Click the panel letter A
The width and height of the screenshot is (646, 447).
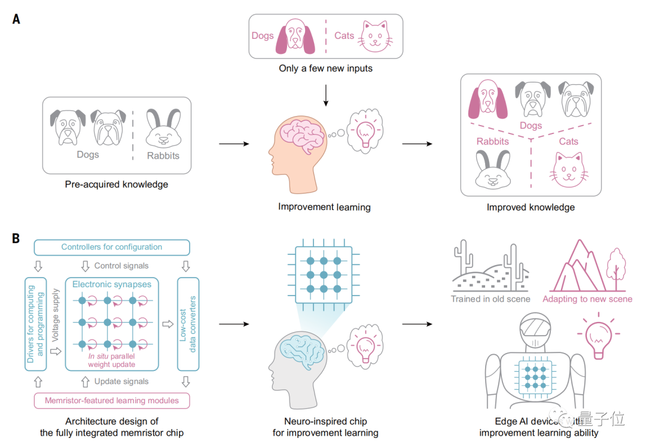point(16,19)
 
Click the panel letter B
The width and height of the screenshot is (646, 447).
point(16,239)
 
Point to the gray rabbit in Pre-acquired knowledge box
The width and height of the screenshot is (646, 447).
point(163,129)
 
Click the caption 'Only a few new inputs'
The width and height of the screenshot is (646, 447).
point(325,68)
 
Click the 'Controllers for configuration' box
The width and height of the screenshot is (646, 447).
point(112,247)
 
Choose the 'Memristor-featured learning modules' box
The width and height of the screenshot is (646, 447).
point(112,400)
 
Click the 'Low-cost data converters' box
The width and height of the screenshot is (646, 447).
point(188,324)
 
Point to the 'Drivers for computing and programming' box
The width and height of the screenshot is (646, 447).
point(35,324)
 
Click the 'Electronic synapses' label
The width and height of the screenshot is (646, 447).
point(112,284)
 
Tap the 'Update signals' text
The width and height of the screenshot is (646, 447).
point(121,381)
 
